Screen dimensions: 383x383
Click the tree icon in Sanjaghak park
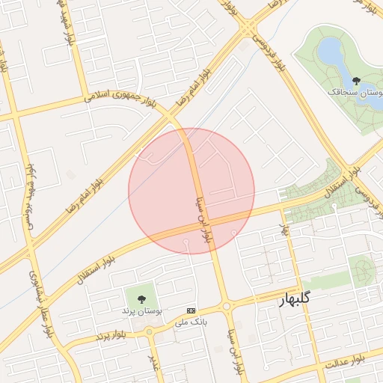[355, 80]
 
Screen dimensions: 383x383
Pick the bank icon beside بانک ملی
[191, 310]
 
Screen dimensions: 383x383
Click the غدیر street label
[155, 362]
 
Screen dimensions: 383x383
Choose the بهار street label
[284, 227]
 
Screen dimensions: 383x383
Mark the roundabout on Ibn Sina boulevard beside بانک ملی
[227, 306]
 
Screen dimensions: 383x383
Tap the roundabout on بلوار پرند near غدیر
[150, 331]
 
